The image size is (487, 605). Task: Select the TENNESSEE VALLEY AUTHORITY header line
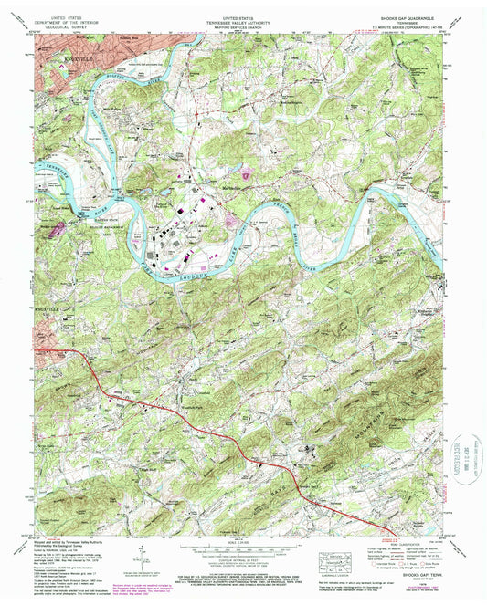(243, 22)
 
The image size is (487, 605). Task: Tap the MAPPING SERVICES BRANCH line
(243, 26)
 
